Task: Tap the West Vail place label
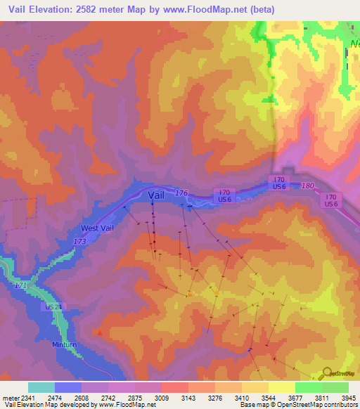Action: pyautogui.click(x=99, y=228)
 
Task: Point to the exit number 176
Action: pyautogui.click(x=181, y=193)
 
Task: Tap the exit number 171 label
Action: pyautogui.click(x=20, y=287)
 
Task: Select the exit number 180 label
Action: pyautogui.click(x=307, y=186)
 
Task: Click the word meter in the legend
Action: pyautogui.click(x=7, y=397)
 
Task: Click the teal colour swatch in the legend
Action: pyautogui.click(x=41, y=387)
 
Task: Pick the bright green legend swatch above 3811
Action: pyautogui.click(x=309, y=387)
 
